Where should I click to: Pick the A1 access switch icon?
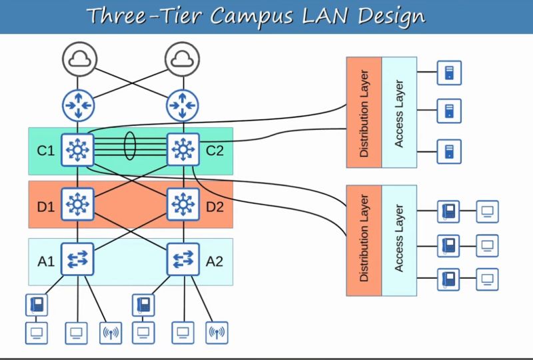(x=78, y=259)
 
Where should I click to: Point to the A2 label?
(x=215, y=260)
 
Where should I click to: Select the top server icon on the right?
(x=449, y=73)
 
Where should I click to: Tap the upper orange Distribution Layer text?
(x=364, y=111)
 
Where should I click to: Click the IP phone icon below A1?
(x=36, y=305)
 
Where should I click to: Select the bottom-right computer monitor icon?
(x=487, y=279)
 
